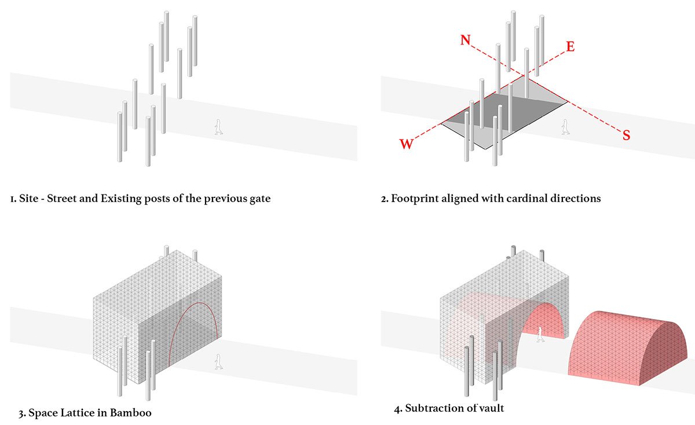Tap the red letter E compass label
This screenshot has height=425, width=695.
570,47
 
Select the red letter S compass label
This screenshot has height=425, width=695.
626,135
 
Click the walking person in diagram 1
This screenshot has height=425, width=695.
218,127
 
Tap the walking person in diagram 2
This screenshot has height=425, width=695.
565,127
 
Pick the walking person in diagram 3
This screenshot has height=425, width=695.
218,361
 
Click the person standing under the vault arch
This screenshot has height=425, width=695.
540,334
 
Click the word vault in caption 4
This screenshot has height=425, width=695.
491,408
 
